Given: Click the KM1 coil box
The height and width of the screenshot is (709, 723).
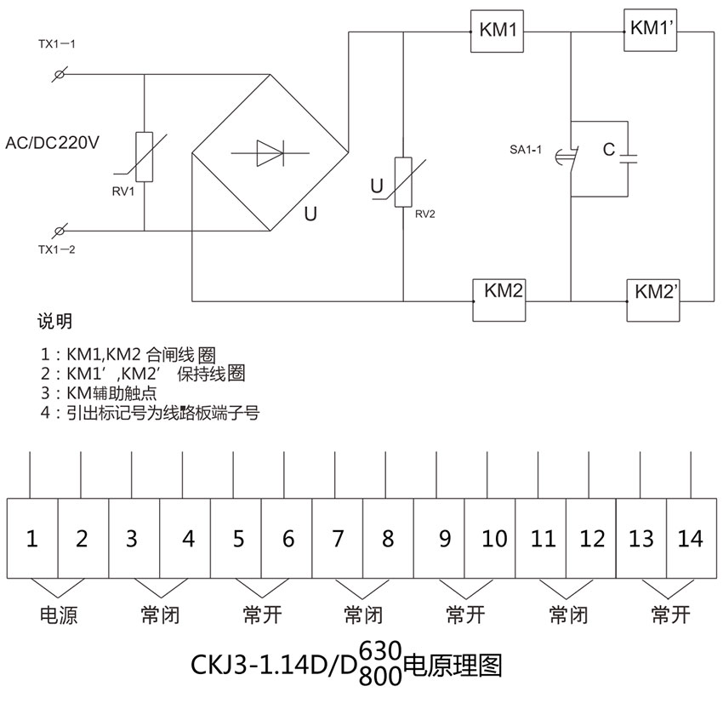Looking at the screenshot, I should tap(498, 31).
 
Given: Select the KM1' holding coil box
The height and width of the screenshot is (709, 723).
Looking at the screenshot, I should tap(652, 29).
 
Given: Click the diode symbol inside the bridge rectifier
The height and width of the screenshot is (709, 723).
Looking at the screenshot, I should tap(270, 153).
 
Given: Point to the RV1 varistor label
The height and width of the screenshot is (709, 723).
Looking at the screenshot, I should tap(124, 191).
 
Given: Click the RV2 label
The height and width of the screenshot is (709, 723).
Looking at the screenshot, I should tap(425, 214).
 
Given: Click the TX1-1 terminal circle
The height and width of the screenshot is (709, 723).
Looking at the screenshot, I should tap(59, 75).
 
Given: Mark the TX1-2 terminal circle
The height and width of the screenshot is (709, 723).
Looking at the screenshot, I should tap(60, 231).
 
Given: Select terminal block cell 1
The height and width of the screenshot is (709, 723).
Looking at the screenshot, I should tap(32, 538).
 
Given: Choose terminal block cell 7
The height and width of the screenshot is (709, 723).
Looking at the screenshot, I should tap(338, 538).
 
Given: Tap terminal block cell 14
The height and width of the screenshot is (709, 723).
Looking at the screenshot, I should tap(692, 538).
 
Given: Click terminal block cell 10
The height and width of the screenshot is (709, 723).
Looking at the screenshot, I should tap(493, 538).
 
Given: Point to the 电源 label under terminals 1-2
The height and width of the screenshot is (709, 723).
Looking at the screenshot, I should tap(59, 615).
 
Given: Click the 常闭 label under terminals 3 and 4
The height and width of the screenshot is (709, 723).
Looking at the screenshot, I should tap(160, 615).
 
